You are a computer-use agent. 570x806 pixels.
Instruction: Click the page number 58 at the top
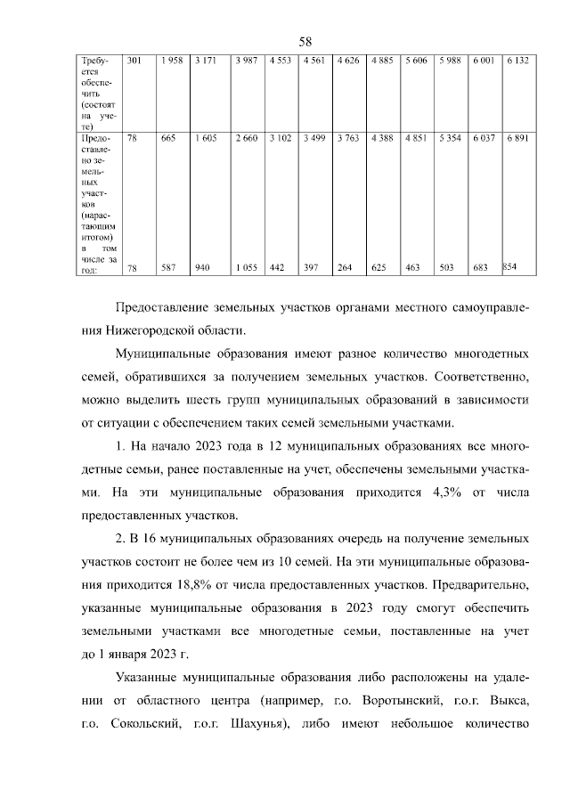click(305, 42)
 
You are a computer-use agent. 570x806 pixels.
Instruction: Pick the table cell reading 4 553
click(281, 61)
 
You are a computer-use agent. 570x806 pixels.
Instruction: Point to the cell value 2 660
click(246, 138)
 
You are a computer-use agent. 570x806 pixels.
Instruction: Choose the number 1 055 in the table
click(246, 267)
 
